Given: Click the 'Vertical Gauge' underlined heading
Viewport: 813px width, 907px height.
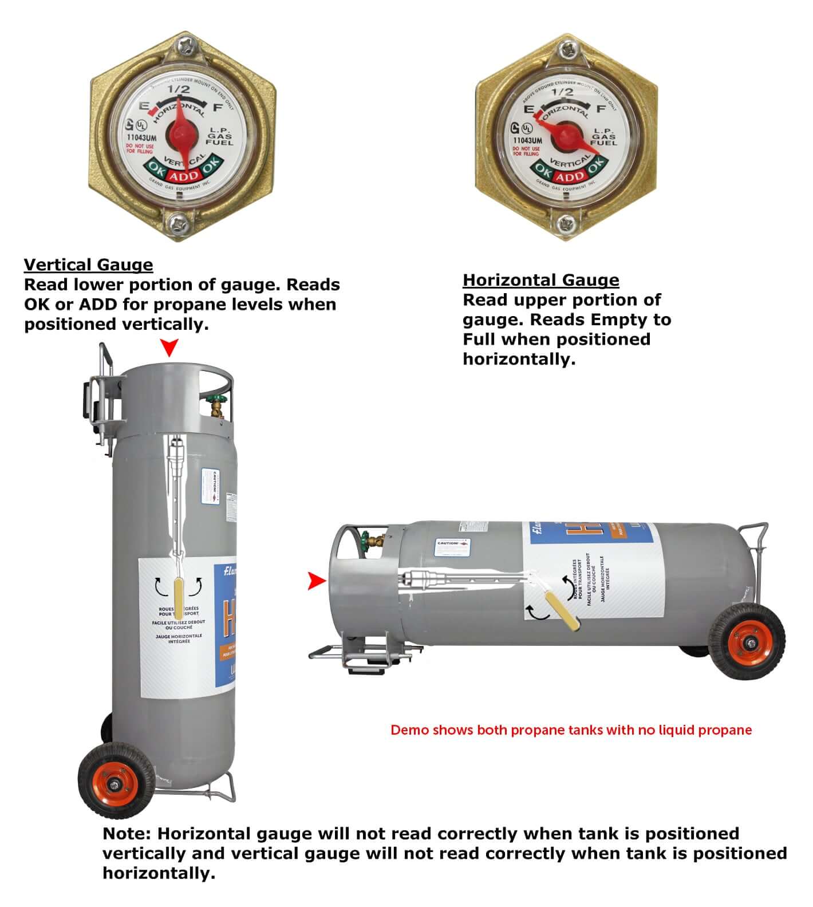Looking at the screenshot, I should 88,265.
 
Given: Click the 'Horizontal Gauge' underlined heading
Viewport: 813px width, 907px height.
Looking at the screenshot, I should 540,280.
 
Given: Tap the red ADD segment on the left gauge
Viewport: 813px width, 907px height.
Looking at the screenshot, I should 184,176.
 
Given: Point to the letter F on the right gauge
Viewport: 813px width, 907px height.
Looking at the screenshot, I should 601,109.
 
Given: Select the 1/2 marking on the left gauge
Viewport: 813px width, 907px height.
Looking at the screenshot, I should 178,89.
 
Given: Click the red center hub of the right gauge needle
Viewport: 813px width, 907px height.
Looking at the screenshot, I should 566,137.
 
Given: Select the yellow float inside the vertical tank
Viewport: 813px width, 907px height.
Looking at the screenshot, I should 179,595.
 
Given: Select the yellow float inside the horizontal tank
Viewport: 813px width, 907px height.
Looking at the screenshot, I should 561,612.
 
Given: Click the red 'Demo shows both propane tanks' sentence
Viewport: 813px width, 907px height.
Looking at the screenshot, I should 571,730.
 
